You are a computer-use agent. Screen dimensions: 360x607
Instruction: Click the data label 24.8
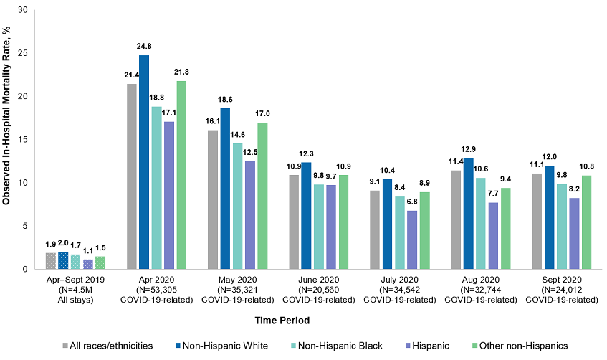[144, 46]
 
